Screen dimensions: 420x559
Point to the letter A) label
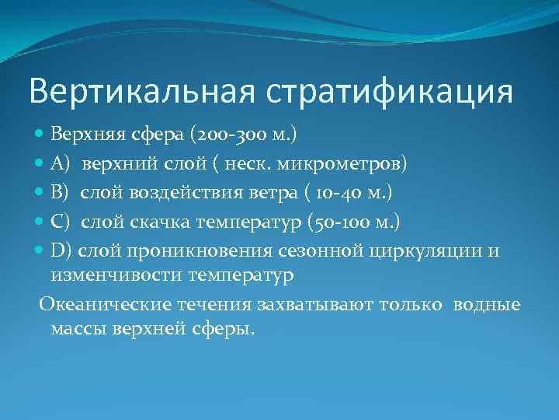pos(61,164)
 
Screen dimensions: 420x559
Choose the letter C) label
pos(61,225)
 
